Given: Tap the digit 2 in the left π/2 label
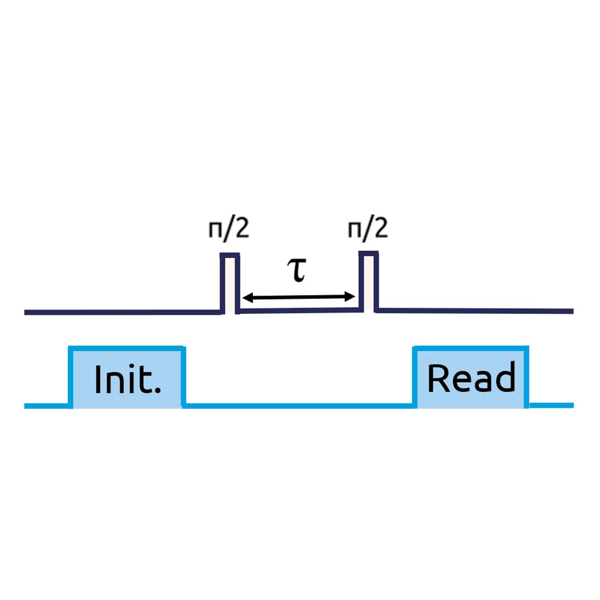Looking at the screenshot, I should coord(239,228).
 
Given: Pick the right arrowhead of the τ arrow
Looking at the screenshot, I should coord(351,297).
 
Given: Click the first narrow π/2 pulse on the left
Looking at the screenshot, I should coord(230,283).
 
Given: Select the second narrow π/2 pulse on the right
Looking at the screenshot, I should coord(368,282).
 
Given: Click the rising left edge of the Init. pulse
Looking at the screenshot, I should coord(71,377).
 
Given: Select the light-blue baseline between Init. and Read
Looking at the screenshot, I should coord(300,406).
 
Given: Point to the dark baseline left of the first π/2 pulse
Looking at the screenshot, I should coord(122,312).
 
